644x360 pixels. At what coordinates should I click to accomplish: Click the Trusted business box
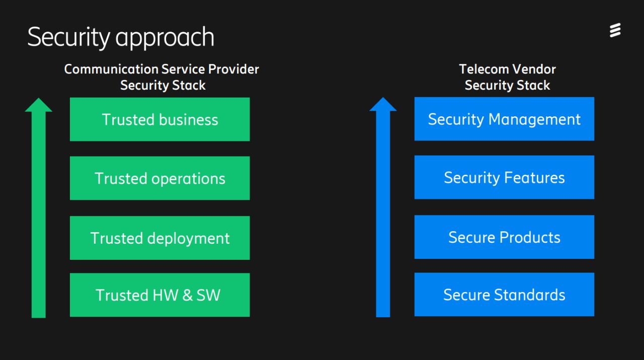[160, 119]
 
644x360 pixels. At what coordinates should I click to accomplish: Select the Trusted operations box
[160, 178]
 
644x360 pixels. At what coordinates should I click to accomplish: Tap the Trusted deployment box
[160, 238]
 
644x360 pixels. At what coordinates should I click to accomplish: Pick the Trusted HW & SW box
[160, 295]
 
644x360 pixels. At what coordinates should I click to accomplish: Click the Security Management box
[504, 119]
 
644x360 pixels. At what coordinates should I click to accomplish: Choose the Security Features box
[504, 177]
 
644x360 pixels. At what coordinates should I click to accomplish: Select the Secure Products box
[504, 237]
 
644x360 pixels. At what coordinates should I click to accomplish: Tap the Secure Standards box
[504, 295]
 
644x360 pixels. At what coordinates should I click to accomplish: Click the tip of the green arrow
[39, 98]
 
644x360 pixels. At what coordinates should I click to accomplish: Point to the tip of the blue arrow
[383, 98]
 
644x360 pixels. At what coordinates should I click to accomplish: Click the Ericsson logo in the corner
[615, 30]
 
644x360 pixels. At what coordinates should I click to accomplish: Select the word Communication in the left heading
[111, 69]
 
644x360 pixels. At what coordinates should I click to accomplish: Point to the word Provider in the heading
[233, 69]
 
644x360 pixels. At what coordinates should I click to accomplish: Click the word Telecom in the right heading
[484, 69]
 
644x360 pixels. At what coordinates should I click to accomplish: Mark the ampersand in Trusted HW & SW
[187, 295]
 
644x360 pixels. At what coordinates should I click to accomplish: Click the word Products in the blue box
[530, 238]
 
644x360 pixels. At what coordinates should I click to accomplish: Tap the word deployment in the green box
[188, 239]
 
